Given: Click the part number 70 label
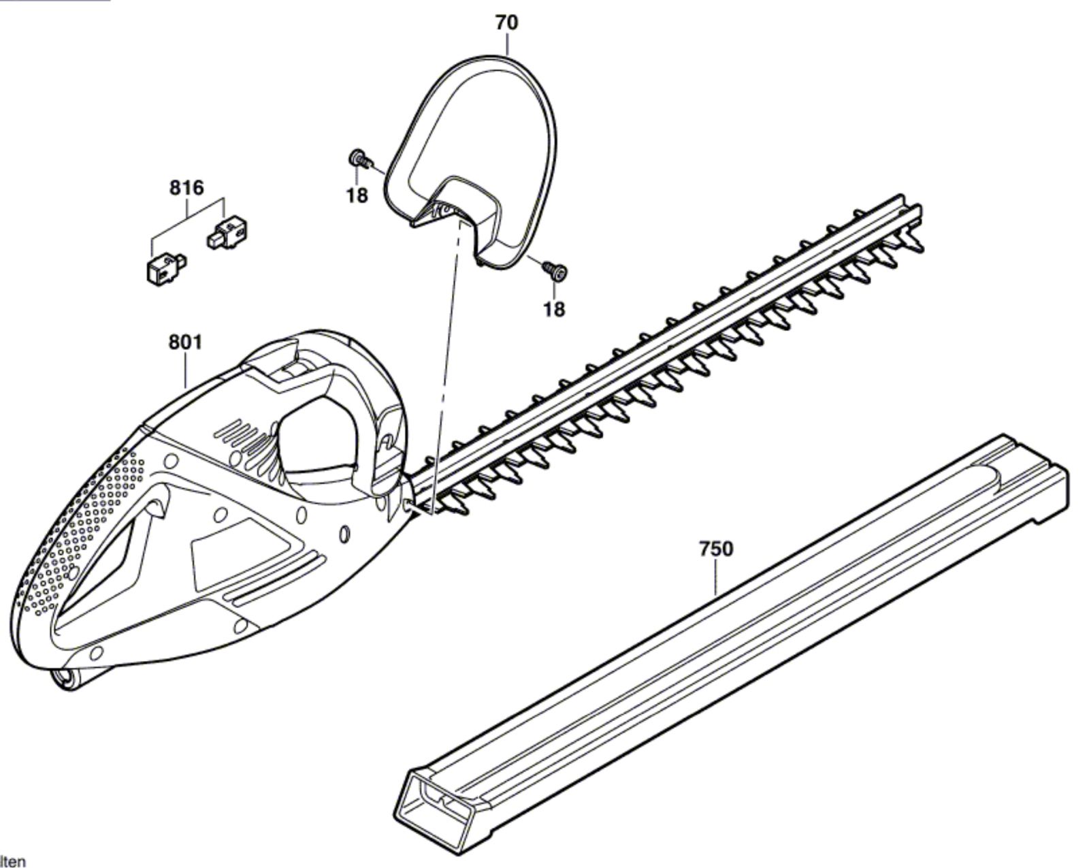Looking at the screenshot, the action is tap(506, 22).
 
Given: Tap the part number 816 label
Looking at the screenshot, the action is tap(186, 188).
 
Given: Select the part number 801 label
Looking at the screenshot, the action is tap(185, 342).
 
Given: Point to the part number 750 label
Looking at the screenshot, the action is tap(716, 549).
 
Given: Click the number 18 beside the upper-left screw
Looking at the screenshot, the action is tap(357, 195).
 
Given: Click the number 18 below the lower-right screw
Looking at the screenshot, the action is tap(553, 308).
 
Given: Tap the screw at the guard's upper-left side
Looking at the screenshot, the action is tap(360, 159).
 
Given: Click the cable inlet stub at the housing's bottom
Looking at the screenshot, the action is tap(76, 677).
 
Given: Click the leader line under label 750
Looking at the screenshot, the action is tap(716, 578).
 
